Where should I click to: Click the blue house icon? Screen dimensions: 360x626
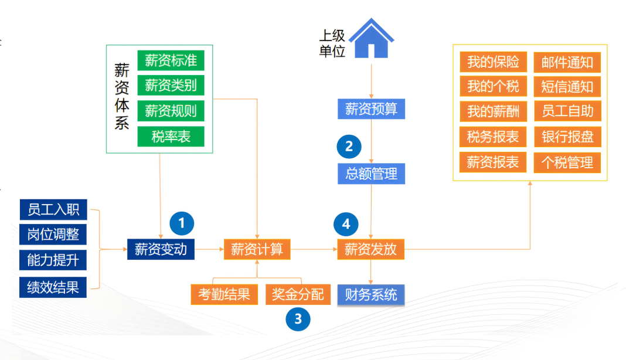pyautogui.click(x=371, y=39)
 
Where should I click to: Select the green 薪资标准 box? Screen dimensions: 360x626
pyautogui.click(x=171, y=60)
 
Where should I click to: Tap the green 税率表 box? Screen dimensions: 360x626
pyautogui.click(x=171, y=137)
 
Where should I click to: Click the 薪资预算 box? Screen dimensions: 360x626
pyautogui.click(x=371, y=109)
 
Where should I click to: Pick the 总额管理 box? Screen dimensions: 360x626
pyautogui.click(x=371, y=174)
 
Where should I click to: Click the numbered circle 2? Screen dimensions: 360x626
pyautogui.click(x=349, y=146)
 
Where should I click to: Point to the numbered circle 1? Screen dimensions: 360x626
pyautogui.click(x=182, y=223)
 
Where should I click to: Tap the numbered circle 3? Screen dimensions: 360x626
pyautogui.click(x=298, y=318)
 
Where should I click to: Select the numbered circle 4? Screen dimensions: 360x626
pyautogui.click(x=346, y=224)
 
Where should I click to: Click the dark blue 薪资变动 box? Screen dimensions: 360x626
pyautogui.click(x=161, y=249)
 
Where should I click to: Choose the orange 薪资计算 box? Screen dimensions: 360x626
pyautogui.click(x=257, y=249)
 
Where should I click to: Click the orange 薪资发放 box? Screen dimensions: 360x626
pyautogui.click(x=370, y=249)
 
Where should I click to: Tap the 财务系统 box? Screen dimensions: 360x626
pyautogui.click(x=371, y=294)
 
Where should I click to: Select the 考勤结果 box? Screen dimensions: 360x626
pyautogui.click(x=224, y=294)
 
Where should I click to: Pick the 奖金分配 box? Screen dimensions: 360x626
pyautogui.click(x=298, y=294)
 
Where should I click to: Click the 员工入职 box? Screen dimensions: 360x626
pyautogui.click(x=53, y=209)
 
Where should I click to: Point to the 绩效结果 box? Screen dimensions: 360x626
pyautogui.click(x=53, y=287)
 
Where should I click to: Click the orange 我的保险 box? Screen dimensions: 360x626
pyautogui.click(x=493, y=62)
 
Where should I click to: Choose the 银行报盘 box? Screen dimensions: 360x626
pyautogui.click(x=567, y=137)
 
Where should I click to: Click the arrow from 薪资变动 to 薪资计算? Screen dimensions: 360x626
pyautogui.click(x=209, y=250)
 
